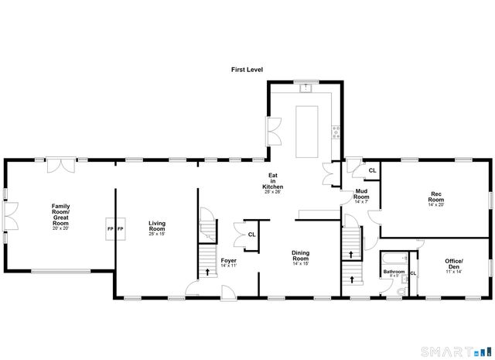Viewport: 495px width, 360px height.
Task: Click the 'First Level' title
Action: (247, 70)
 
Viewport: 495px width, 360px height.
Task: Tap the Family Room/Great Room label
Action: (60, 214)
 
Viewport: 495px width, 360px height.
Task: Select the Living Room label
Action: (157, 227)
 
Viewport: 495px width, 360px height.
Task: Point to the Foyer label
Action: (228, 262)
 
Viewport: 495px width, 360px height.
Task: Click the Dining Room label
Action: (300, 256)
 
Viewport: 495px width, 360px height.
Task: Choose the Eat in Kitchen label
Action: (272, 183)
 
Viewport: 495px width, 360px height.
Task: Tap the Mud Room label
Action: (362, 197)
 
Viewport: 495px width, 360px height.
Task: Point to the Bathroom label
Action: (394, 273)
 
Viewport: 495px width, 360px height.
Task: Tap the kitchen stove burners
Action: (335, 132)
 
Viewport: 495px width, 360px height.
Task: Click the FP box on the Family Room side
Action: (110, 229)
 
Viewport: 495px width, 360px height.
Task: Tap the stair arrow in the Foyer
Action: (207, 271)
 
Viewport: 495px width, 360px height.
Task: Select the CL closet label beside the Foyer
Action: (251, 235)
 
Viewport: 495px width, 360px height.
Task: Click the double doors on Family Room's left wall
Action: (9, 216)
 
